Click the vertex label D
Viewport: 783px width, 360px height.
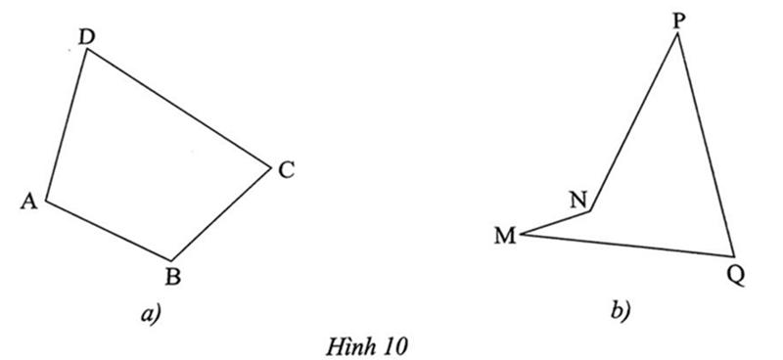86,36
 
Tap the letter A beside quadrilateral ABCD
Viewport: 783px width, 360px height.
28,201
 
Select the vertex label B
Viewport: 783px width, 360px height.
172,277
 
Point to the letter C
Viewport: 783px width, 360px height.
286,170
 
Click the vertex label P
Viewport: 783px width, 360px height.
679,20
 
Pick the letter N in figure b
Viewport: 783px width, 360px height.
578,199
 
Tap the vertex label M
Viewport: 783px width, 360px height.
505,236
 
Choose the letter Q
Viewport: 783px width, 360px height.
737,274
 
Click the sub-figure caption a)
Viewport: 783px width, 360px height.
150,313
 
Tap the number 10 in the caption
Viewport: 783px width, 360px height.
397,344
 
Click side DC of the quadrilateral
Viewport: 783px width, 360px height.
178,107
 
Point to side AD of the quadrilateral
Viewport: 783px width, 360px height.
67,125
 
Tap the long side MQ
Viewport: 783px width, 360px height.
626,244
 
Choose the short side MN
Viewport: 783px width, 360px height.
556,222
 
